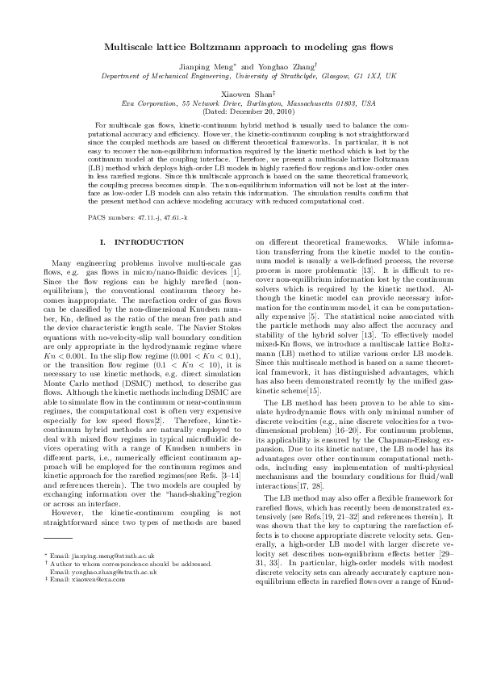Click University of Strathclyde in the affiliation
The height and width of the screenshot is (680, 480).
click(275, 75)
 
